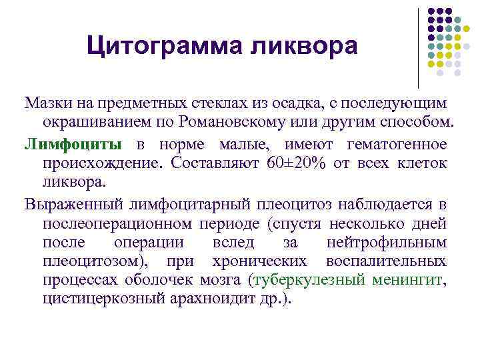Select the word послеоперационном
tap(117, 222)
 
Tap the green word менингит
tap(407, 280)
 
